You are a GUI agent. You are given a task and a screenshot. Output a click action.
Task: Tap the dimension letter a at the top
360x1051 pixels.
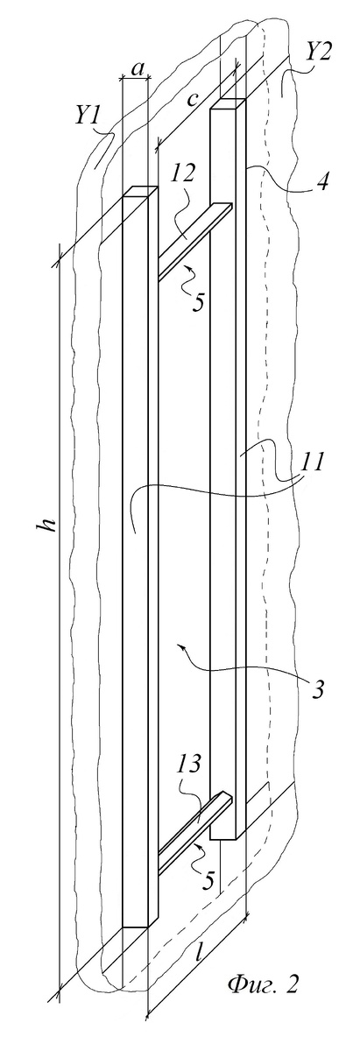[x=137, y=69]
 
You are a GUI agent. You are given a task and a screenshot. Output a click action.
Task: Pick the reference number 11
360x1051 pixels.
[x=311, y=463]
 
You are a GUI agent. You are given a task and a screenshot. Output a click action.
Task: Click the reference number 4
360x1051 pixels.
[x=322, y=180]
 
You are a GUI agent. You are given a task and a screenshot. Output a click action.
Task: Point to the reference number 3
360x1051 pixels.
[x=318, y=690]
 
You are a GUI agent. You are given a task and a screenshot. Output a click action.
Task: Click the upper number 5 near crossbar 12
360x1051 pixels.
[x=198, y=301]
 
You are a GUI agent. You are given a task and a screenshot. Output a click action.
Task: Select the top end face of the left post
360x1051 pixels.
[x=139, y=192]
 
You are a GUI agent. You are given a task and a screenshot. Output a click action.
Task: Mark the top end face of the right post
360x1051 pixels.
[x=228, y=103]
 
